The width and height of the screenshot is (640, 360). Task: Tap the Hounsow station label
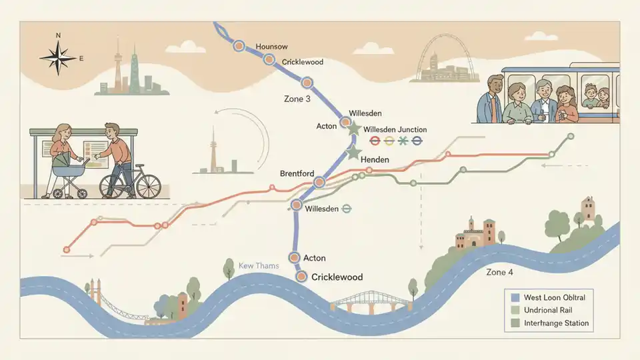point(271,47)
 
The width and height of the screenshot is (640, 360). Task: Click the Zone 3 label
point(297,99)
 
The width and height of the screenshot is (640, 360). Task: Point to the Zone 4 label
point(501,272)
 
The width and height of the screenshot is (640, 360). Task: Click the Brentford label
point(297,174)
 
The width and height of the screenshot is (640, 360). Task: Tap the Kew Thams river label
point(259,266)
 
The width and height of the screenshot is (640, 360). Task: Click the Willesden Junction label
point(395,129)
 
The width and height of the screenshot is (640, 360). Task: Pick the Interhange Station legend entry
point(555,323)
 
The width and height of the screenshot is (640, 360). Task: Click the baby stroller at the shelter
point(69,174)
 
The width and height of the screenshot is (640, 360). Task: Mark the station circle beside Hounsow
point(239,46)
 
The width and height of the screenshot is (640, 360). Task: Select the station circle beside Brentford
point(319,181)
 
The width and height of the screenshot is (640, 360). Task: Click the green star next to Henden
point(354,153)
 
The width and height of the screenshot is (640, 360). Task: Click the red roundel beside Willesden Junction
point(375,141)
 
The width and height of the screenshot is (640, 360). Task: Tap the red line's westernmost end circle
point(66,250)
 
